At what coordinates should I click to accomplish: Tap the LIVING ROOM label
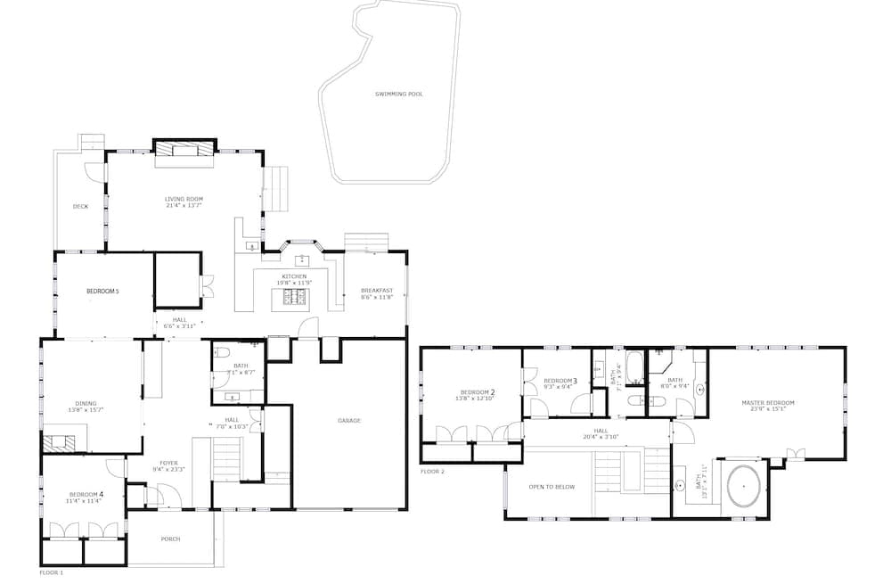(184, 198)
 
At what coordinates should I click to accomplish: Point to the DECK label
(80, 207)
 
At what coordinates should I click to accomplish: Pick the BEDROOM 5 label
(102, 292)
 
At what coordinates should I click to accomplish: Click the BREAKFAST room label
(377, 291)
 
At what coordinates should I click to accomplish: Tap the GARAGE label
(349, 421)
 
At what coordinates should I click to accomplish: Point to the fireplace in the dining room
(61, 440)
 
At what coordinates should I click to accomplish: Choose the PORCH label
(170, 539)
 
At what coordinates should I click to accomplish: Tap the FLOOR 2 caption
(432, 471)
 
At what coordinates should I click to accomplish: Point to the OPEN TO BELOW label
(552, 487)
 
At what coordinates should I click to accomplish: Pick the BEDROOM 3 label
(560, 381)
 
